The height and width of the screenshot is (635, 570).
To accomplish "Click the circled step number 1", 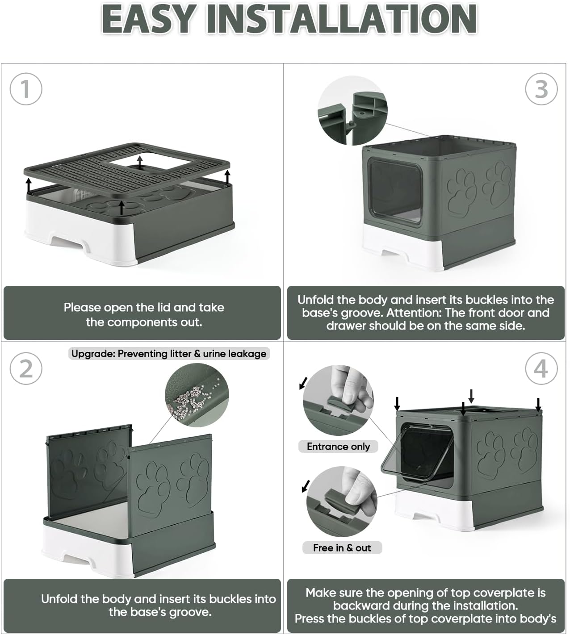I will point(26,89).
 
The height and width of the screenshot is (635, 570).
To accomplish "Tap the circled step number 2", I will point(26,368).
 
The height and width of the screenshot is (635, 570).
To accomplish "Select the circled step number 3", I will point(541,89).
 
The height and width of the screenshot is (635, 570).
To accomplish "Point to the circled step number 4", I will point(541,368).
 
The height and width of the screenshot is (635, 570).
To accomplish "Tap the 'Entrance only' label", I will point(338,447).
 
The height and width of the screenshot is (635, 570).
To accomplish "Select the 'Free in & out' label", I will point(342,548).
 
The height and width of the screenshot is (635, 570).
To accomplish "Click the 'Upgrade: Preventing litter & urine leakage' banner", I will point(169,354).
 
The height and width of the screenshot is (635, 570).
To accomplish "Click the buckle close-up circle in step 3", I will point(352,111).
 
